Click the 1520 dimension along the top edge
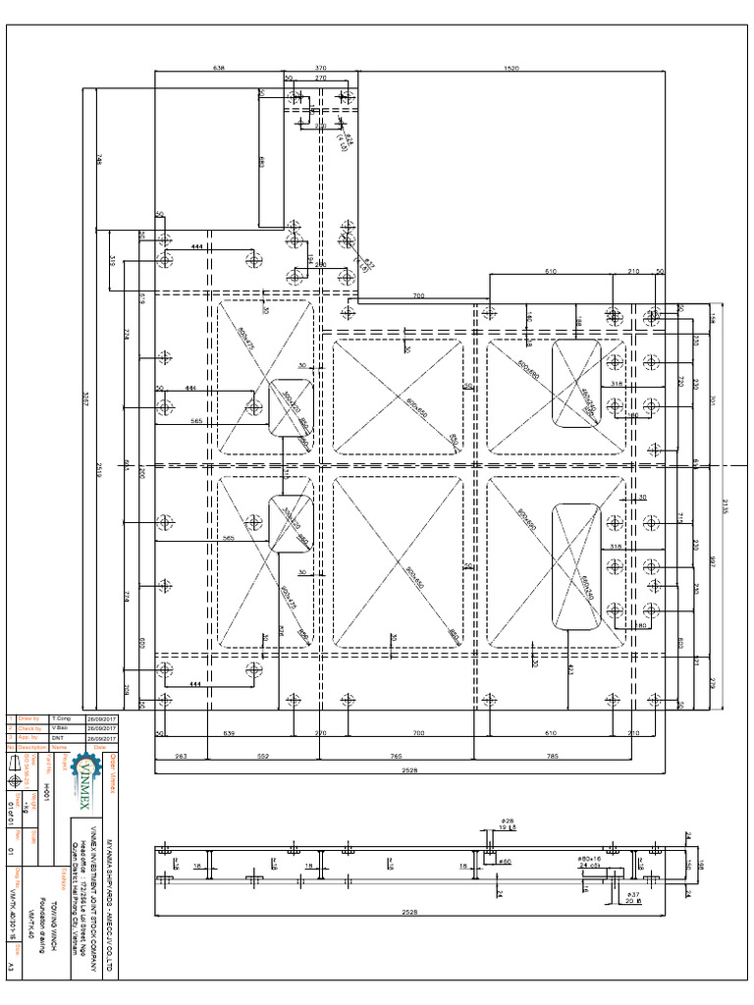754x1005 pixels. pyautogui.click(x=511, y=68)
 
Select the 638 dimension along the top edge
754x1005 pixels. pyautogui.click(x=219, y=68)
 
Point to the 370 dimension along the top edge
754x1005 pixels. pyautogui.click(x=320, y=68)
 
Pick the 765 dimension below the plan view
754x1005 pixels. pyautogui.click(x=398, y=757)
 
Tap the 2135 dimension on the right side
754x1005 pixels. pyautogui.click(x=726, y=505)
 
